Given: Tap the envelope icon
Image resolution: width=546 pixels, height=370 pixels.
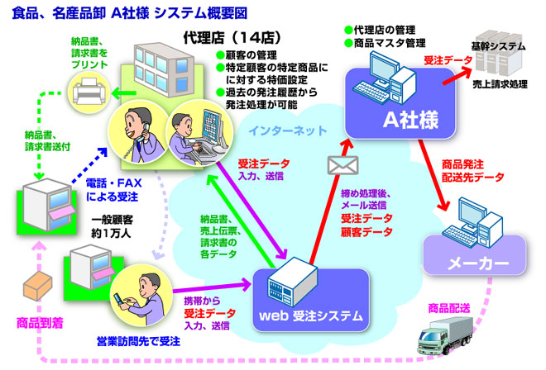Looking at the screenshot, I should tap(339, 165).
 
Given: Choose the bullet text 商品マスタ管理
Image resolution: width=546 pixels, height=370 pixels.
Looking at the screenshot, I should tap(388, 43).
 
